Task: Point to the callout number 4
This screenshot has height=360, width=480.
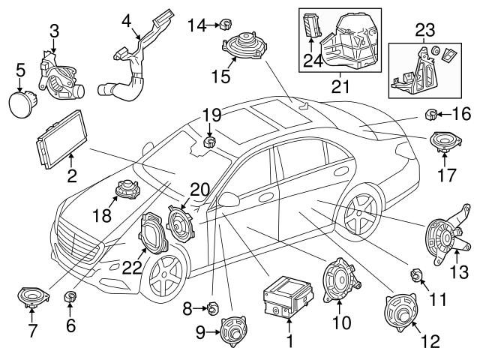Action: [x=126, y=20]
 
